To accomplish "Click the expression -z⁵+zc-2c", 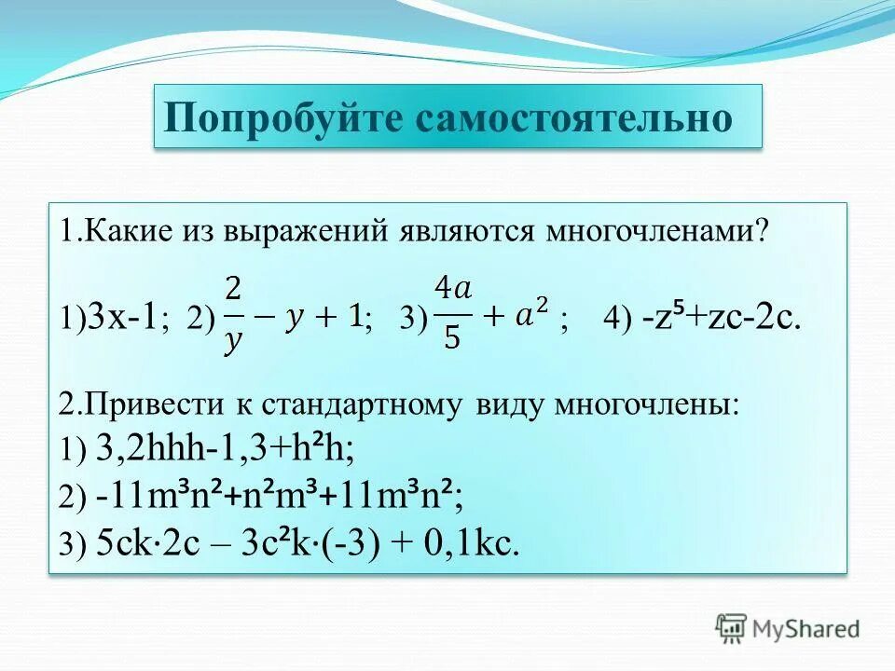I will (721, 319).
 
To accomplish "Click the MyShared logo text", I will (805, 628).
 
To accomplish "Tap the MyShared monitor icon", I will (731, 627).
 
